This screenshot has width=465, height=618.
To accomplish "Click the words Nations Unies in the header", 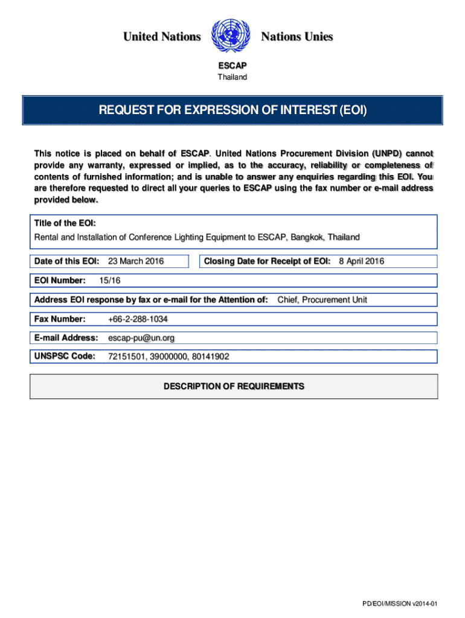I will pyautogui.click(x=297, y=37).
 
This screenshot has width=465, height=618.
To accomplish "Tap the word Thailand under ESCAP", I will pyautogui.click(x=232, y=77).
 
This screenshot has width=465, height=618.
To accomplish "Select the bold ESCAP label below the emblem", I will pyautogui.click(x=232, y=66).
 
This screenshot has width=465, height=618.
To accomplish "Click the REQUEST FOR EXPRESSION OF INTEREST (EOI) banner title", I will pyautogui.click(x=232, y=110).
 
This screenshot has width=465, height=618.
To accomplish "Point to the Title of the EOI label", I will pyautogui.click(x=65, y=223).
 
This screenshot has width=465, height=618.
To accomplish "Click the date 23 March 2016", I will pyautogui.click(x=136, y=261).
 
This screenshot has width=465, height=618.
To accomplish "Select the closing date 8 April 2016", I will pyautogui.click(x=361, y=261).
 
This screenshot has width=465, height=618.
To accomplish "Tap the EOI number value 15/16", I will pyautogui.click(x=109, y=281).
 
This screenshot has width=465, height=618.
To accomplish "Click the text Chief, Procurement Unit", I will pyautogui.click(x=322, y=299).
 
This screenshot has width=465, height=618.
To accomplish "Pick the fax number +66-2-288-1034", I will pyautogui.click(x=138, y=319).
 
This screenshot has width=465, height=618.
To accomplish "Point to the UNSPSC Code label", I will pyautogui.click(x=65, y=356).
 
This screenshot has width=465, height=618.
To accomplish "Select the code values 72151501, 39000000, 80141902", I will pyautogui.click(x=168, y=357).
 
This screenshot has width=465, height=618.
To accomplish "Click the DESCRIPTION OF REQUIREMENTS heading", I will pyautogui.click(x=234, y=386).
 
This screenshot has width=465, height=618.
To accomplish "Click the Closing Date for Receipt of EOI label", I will pyautogui.click(x=267, y=261).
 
